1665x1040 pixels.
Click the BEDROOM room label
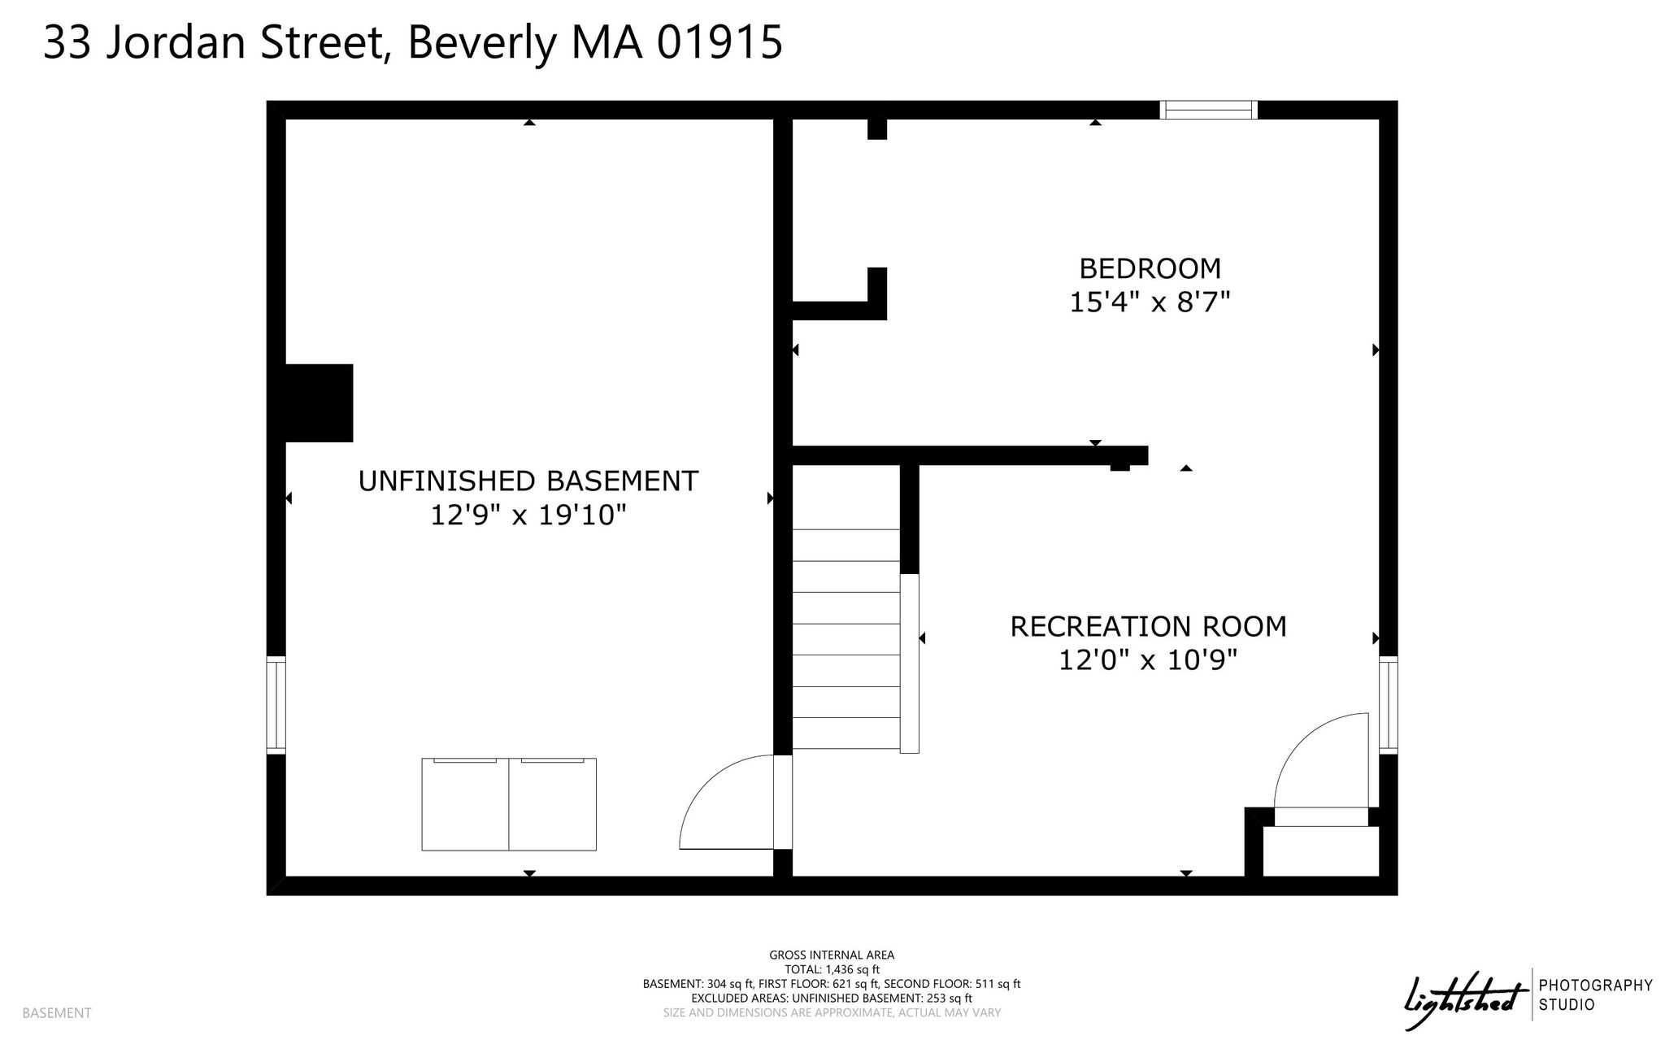coord(1150,268)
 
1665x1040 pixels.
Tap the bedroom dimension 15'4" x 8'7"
coord(1150,302)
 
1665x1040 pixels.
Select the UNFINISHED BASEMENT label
coord(528,481)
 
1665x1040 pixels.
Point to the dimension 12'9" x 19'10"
coord(528,516)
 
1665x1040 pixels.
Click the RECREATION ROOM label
coord(1149,627)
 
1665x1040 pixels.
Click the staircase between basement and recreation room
coord(846,639)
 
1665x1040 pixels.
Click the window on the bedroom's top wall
coord(1208,110)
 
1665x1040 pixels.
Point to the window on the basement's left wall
coord(276,705)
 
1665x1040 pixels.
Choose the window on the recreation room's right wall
coord(1389,705)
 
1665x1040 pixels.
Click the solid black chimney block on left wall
coord(319,403)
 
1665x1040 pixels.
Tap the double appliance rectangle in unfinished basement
coord(509,804)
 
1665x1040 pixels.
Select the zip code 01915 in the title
coord(719,42)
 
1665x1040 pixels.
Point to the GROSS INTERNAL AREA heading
coord(832,955)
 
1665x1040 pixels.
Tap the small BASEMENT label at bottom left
coord(57,1013)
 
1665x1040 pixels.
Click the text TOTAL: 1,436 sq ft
coord(832,969)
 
